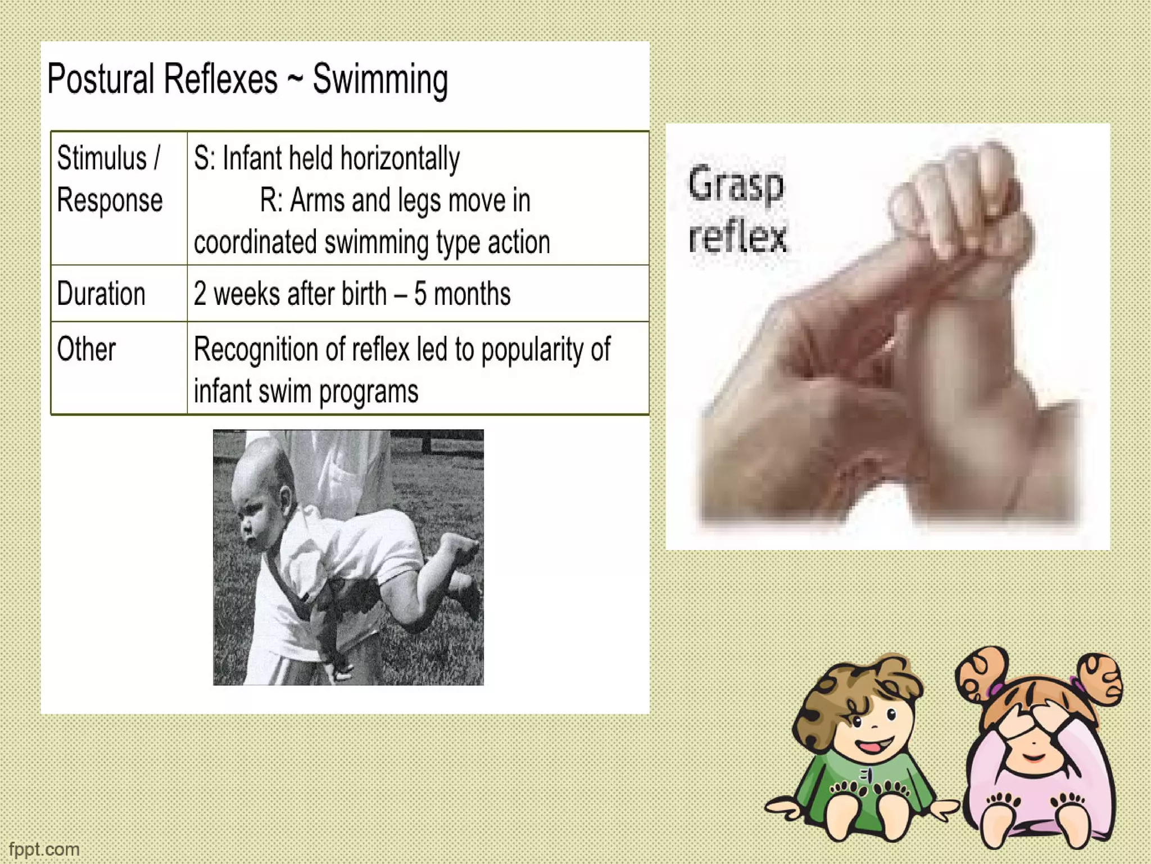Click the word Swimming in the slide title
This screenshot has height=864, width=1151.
pyautogui.click(x=380, y=80)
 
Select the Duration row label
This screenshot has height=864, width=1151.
pyautogui.click(x=101, y=294)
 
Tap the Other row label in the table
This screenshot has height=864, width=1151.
pyautogui.click(x=86, y=349)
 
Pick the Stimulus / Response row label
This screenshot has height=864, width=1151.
pyautogui.click(x=109, y=179)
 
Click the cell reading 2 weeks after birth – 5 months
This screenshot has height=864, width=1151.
pyautogui.click(x=352, y=294)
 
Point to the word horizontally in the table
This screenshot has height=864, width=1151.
pyautogui.click(x=400, y=158)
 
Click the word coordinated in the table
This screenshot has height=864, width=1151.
pyautogui.click(x=255, y=242)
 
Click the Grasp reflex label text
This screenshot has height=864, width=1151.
pyautogui.click(x=736, y=210)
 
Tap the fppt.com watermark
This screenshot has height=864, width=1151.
pyautogui.click(x=44, y=849)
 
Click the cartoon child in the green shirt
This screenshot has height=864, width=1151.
pyautogui.click(x=863, y=754)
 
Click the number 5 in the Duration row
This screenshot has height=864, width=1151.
pyautogui.click(x=420, y=294)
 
